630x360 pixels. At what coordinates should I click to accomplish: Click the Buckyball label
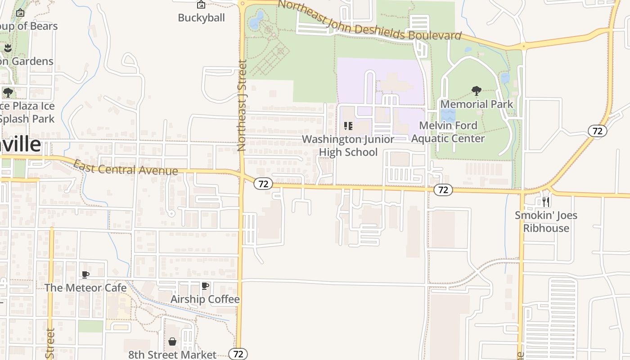click(x=201, y=18)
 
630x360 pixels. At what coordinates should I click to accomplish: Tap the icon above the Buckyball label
click(x=201, y=5)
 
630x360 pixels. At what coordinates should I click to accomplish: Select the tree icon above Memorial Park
click(x=477, y=91)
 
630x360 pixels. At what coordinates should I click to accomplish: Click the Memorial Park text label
click(x=477, y=104)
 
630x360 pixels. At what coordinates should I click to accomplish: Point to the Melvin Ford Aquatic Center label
click(x=448, y=132)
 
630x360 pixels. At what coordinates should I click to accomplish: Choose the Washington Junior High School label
click(x=348, y=146)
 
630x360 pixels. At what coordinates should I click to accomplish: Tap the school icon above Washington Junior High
click(x=348, y=126)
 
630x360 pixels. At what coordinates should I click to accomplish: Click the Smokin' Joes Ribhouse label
click(x=546, y=221)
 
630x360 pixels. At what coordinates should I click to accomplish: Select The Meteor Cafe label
click(x=85, y=288)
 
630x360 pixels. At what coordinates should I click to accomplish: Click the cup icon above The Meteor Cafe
click(x=85, y=274)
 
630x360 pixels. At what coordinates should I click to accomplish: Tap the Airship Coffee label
click(x=205, y=299)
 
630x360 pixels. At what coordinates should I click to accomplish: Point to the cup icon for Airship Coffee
click(x=205, y=286)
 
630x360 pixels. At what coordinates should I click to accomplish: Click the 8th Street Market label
click(x=172, y=355)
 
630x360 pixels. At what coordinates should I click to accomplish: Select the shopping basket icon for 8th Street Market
click(x=172, y=342)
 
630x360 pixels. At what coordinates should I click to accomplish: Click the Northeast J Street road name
click(x=242, y=106)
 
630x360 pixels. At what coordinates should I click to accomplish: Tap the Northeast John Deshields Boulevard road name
click(x=369, y=20)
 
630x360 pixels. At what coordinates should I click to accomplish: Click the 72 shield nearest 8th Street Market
click(x=238, y=354)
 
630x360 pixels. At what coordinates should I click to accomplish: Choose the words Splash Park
click(x=27, y=119)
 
